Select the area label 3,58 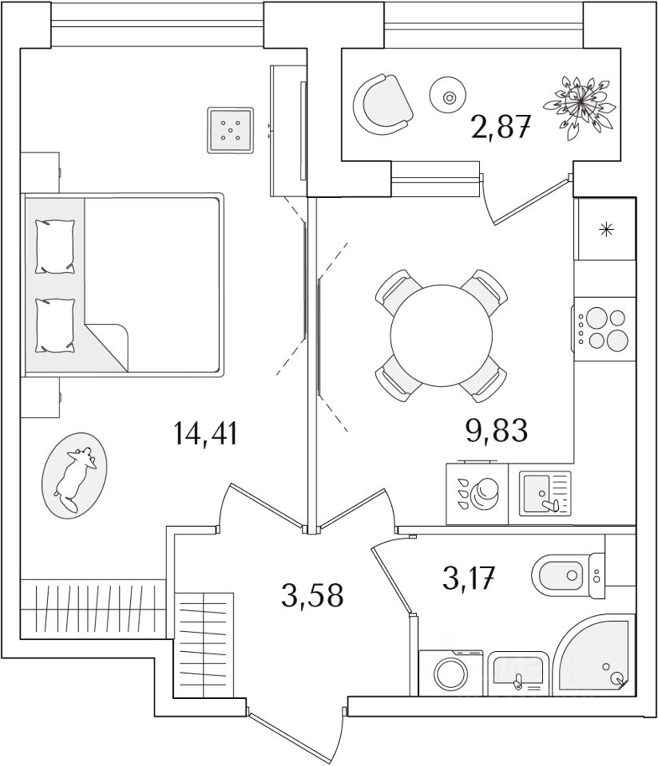click(312, 595)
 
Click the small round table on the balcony click(448, 97)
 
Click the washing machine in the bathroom click(450, 672)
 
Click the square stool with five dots click(231, 129)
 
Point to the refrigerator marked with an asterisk click(606, 230)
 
